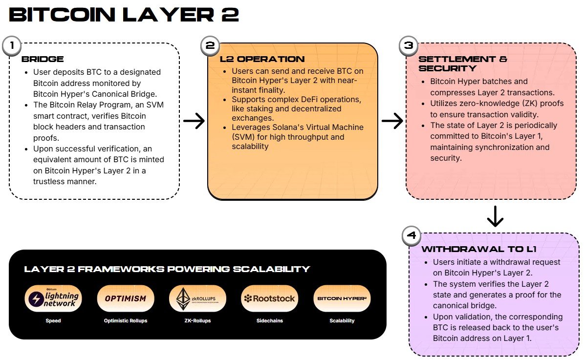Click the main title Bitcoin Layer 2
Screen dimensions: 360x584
point(124,15)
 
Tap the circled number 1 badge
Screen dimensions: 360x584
point(12,46)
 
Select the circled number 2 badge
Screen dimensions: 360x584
point(210,46)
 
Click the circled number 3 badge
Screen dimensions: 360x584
point(409,46)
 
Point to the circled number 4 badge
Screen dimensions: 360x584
point(411,236)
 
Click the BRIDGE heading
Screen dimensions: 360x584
point(43,59)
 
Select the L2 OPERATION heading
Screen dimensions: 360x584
point(262,59)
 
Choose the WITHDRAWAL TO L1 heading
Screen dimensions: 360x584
point(479,249)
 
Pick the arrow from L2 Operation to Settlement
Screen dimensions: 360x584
point(392,121)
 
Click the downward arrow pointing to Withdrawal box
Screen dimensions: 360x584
point(495,216)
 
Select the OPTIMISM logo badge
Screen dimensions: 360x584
point(126,298)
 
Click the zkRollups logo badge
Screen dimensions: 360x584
point(197,298)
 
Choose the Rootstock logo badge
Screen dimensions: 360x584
point(269,298)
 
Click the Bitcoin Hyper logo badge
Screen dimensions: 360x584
point(342,298)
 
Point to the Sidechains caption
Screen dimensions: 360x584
point(269,321)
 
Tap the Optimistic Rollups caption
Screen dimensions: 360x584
point(126,321)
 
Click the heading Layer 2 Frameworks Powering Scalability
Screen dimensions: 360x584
point(167,269)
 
